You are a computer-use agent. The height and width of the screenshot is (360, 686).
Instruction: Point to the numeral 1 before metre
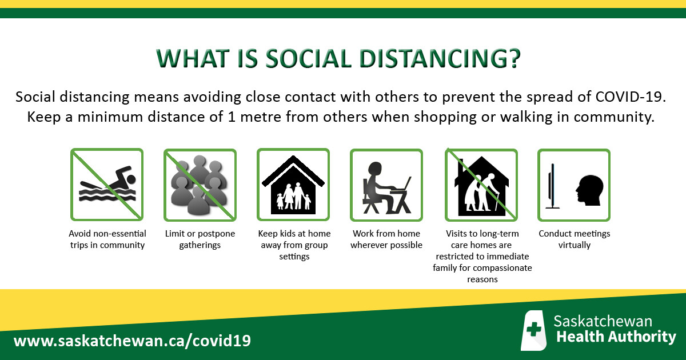(232, 117)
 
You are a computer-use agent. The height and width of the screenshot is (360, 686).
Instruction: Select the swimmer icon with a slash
(107, 185)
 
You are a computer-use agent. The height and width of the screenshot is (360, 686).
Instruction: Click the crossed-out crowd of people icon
(200, 185)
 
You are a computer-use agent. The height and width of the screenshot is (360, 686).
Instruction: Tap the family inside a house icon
(293, 185)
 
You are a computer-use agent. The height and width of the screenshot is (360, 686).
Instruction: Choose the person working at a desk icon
(386, 185)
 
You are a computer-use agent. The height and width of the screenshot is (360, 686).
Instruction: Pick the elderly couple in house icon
(481, 185)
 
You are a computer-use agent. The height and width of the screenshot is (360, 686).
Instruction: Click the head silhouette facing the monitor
(589, 190)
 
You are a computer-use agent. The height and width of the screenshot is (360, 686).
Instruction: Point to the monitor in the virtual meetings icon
(552, 186)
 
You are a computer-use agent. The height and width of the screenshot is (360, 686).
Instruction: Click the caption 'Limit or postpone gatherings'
(200, 239)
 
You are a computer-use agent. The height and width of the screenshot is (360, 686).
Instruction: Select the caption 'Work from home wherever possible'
(386, 239)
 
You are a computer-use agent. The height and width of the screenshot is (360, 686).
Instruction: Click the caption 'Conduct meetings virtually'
(574, 239)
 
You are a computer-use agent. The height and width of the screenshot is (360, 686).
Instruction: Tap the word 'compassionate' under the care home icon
(502, 268)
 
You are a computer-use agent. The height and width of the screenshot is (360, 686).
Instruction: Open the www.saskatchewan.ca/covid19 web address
(132, 341)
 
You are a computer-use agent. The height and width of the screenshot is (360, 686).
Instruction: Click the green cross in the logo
(534, 329)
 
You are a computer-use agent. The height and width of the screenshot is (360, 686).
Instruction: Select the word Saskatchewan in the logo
(603, 321)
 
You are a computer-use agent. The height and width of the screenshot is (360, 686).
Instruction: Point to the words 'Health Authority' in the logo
(616, 337)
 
